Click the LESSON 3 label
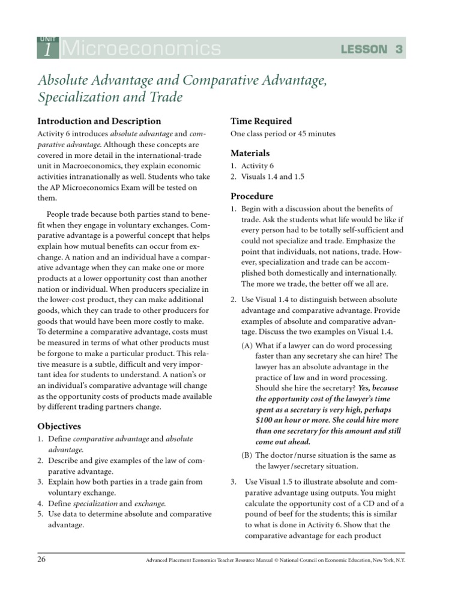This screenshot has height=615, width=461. click(372, 49)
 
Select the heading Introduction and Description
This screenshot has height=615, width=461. click(99, 121)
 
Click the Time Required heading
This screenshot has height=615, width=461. click(261, 121)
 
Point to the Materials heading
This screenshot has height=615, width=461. click(250, 153)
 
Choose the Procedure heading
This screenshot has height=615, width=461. click(252, 196)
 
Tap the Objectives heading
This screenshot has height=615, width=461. click(59, 426)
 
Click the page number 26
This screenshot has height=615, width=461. click(42, 559)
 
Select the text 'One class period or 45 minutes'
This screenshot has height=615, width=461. click(283, 134)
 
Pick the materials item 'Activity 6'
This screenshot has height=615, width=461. click(259, 166)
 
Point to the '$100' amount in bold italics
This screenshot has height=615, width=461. click(265, 419)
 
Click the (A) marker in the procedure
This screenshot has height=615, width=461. click(247, 346)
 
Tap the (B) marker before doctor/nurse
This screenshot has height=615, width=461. click(247, 455)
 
